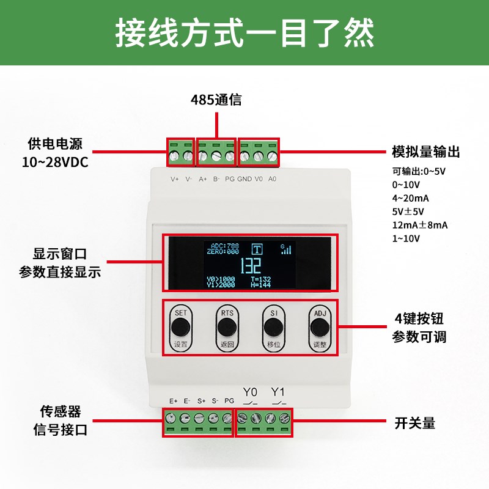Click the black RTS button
pos(227,328)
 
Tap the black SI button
pos(273,328)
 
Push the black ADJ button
pos(319,328)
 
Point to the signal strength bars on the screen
pos(286,249)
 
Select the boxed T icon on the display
pos(258,249)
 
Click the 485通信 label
pos(216,100)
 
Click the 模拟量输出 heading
pos(425,152)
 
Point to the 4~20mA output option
pos(411,198)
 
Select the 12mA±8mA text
pos(420,225)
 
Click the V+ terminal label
pos(175,179)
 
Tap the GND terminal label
pos(244,179)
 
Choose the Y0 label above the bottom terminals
pos(251,392)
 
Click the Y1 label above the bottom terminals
pos(278,392)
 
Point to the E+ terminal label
pos(174,401)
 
